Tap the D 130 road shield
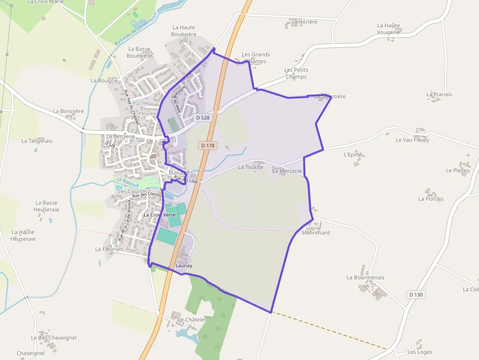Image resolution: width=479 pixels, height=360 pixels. (416, 295)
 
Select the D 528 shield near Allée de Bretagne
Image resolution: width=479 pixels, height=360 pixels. (202, 118)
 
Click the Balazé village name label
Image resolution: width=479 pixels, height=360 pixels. (179, 172)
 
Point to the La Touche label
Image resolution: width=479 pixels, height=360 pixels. (250, 167)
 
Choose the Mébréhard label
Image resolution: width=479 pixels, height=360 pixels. (316, 233)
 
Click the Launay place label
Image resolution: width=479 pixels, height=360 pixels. (184, 266)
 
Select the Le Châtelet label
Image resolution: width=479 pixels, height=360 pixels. (193, 319)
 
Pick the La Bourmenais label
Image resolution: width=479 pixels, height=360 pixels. (366, 277)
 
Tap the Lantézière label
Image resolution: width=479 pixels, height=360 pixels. (304, 21)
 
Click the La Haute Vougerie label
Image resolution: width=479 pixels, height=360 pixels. (389, 29)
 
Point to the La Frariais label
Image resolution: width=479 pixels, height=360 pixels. (439, 94)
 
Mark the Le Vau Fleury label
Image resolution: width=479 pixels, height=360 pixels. (413, 140)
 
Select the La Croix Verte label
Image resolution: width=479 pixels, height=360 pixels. (159, 215)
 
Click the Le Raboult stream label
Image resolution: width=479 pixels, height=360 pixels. (128, 183)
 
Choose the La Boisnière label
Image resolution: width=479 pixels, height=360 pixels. (68, 111)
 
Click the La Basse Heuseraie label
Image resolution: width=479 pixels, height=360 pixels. (46, 206)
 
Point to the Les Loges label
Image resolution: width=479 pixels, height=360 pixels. (420, 352)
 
